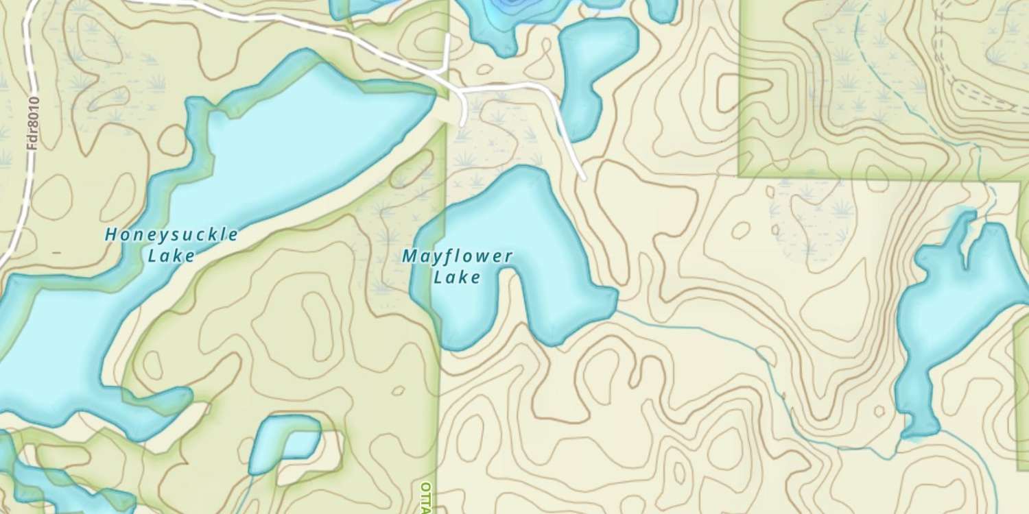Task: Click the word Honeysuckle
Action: (171, 235)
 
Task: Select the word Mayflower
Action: (457, 257)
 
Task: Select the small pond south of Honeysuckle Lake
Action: (285, 442)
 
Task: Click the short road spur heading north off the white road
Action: (447, 51)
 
